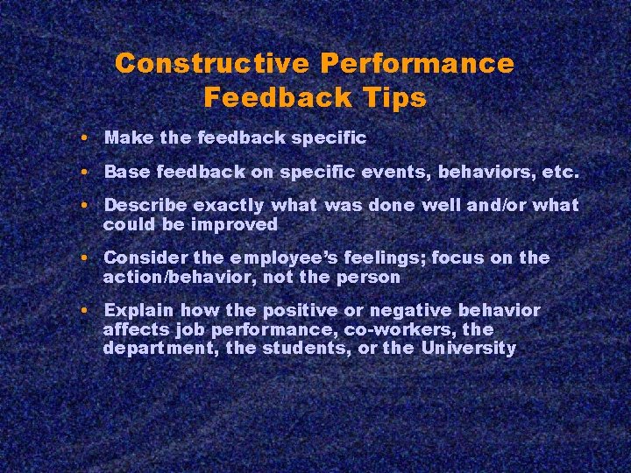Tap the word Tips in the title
tap(393, 97)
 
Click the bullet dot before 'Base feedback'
tap(81, 173)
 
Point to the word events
tap(405, 173)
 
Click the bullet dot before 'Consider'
tap(81, 258)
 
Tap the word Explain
tap(136, 311)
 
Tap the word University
tap(469, 348)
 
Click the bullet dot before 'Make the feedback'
tap(81, 138)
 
